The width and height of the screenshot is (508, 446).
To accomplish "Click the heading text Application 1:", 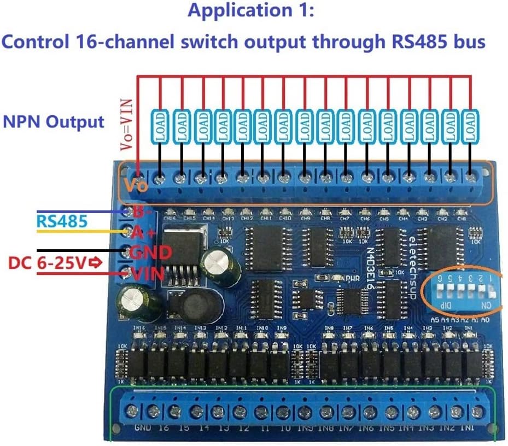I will coord(252,11).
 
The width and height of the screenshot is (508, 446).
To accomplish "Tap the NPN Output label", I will coord(54,121).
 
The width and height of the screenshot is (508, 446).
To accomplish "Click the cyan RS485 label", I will coord(62,221).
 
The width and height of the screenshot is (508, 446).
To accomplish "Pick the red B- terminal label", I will coord(142,212).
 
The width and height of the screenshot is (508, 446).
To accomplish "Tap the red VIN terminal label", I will coord(147,274).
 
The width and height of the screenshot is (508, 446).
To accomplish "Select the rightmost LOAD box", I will coord(470,127).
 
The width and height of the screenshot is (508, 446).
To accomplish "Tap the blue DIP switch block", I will coord(456,292).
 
